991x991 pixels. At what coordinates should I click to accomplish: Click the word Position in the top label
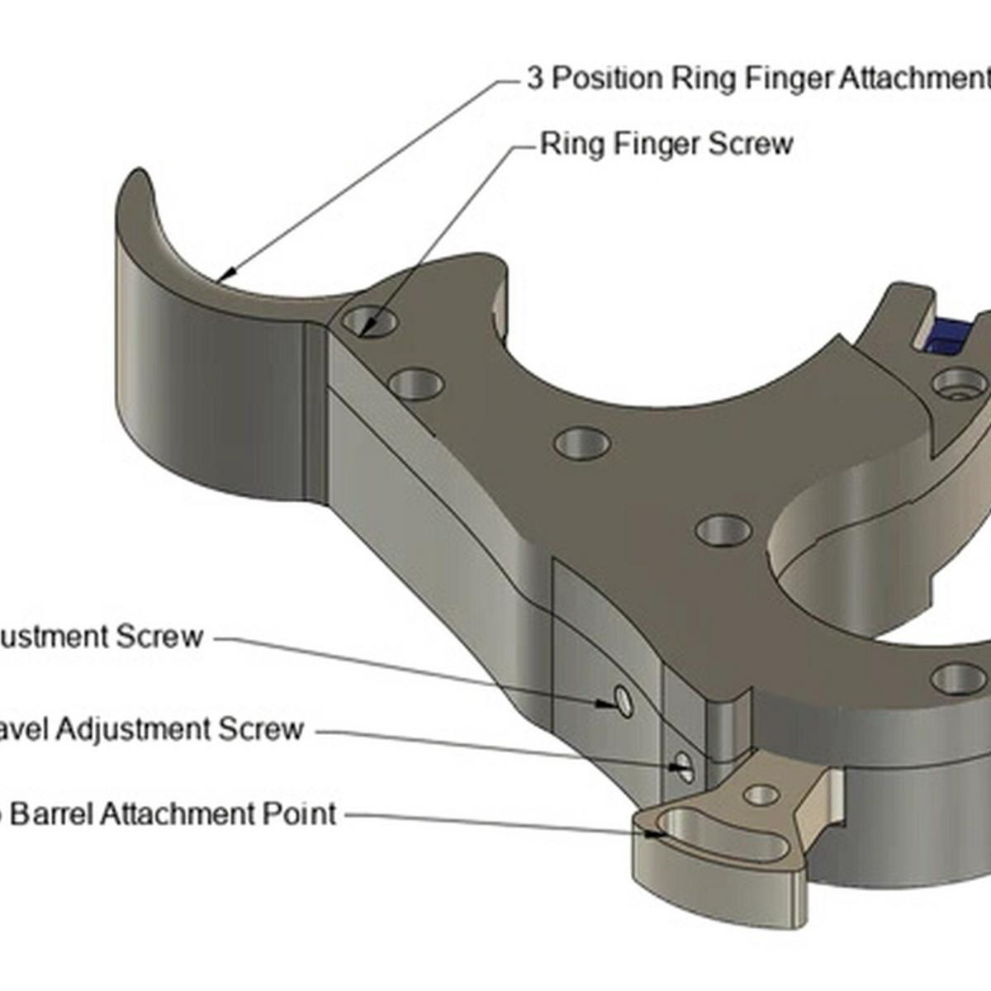point(607,78)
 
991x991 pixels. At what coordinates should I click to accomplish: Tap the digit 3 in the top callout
point(535,78)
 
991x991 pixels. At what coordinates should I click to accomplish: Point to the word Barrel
point(55,814)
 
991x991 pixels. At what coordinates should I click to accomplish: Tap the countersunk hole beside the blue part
point(956,382)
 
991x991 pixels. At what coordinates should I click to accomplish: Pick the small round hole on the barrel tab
point(761,795)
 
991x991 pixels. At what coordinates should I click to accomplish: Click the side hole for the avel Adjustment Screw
point(683,766)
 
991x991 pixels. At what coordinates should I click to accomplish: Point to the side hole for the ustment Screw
point(624,702)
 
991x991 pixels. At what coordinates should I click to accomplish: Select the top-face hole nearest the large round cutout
point(723,529)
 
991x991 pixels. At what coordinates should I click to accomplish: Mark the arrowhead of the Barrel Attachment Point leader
point(658,834)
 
